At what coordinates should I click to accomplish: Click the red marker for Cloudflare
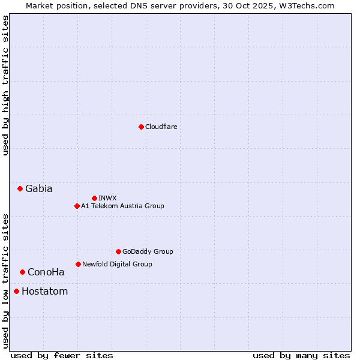(x=141, y=127)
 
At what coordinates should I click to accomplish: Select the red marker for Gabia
(x=20, y=188)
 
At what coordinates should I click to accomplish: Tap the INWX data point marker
(x=94, y=198)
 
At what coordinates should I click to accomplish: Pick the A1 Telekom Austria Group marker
(x=77, y=206)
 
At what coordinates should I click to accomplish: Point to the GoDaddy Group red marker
(x=118, y=251)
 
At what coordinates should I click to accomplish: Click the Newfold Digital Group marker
(x=78, y=264)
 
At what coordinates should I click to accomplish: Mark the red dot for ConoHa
(x=22, y=272)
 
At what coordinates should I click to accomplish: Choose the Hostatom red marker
(x=16, y=292)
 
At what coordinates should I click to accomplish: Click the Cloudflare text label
(x=161, y=127)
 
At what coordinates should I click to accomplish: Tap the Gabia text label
(x=38, y=188)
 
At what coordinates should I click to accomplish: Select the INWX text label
(x=107, y=198)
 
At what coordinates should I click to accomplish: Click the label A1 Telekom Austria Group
(x=122, y=206)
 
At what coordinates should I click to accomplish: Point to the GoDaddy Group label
(x=148, y=251)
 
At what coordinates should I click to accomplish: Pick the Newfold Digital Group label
(x=117, y=264)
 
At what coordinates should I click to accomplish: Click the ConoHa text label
(x=46, y=272)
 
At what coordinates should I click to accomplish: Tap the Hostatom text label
(x=44, y=292)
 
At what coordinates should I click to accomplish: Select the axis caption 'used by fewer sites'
(x=62, y=355)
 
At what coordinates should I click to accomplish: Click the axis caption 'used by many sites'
(x=301, y=355)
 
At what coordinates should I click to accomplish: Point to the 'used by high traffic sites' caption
(x=5, y=85)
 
